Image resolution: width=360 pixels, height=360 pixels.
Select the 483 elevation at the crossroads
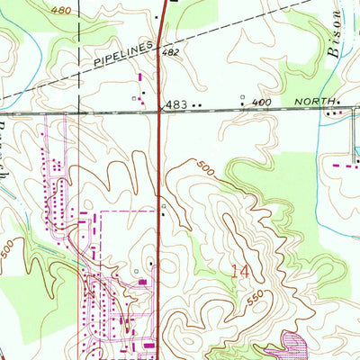pos(176,105)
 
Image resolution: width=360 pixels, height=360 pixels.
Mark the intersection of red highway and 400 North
pos(160,109)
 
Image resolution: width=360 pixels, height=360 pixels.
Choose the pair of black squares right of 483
pos(196,105)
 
